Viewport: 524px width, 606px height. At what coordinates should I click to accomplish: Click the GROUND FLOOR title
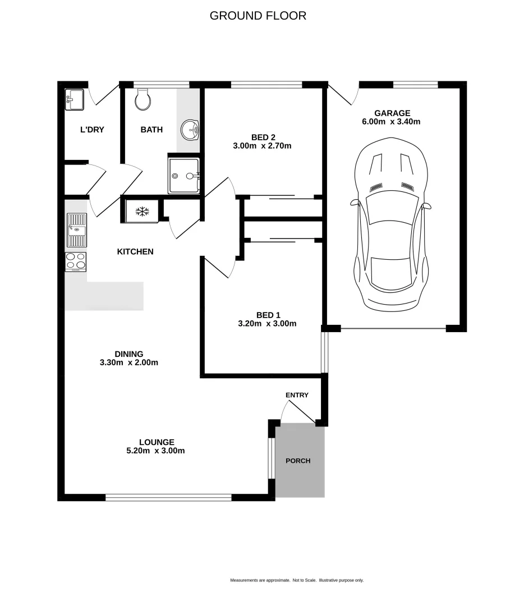[258, 16]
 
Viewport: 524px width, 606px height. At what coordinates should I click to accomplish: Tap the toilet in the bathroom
[143, 99]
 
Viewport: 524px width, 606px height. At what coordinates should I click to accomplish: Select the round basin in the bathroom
[190, 130]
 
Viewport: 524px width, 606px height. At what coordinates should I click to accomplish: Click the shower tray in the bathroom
[183, 175]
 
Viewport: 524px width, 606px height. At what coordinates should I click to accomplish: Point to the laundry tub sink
[74, 99]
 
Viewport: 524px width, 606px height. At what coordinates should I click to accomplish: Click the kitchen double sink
[76, 229]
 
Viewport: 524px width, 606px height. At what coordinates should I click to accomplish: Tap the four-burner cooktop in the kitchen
[76, 261]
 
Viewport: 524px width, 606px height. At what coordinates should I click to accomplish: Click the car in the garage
[392, 224]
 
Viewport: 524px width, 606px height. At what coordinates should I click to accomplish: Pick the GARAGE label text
[392, 113]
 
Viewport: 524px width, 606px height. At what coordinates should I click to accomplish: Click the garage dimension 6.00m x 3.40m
[392, 121]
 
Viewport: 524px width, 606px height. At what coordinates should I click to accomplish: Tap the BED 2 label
[263, 137]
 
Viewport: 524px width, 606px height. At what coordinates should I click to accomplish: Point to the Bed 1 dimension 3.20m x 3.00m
[267, 323]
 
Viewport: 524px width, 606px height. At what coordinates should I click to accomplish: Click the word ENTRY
[297, 395]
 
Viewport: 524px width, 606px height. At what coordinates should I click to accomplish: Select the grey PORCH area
[300, 461]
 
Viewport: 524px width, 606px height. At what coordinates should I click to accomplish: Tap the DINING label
[129, 353]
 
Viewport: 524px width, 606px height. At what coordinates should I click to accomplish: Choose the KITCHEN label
[135, 251]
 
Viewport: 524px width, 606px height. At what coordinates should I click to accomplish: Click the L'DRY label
[92, 130]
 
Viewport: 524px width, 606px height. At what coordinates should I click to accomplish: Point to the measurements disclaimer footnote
[297, 580]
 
